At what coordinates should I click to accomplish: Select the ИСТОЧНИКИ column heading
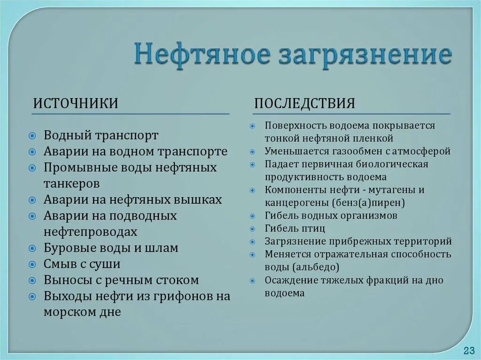[x=75, y=103]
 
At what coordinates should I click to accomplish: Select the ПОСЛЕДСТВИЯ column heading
[x=304, y=103]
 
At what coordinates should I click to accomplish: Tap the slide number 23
[x=468, y=351]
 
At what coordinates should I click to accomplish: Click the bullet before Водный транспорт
[x=32, y=136]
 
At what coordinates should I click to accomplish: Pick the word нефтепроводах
[x=91, y=231]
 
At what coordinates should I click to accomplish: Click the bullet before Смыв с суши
[x=32, y=264]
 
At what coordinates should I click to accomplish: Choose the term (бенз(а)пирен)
[x=369, y=203]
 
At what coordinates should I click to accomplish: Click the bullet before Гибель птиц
[x=253, y=229]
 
